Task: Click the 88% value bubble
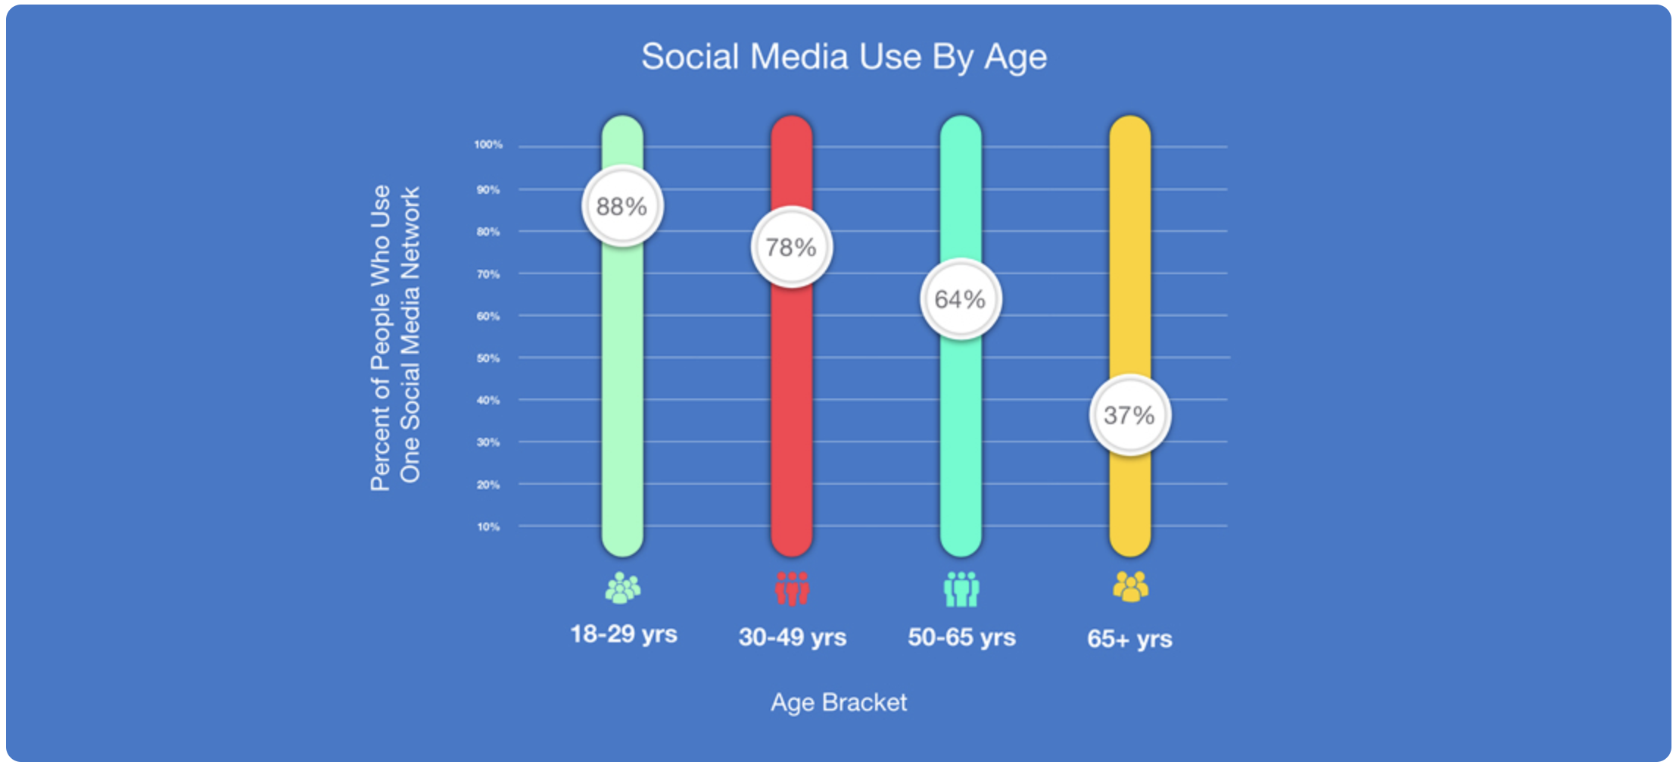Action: click(622, 206)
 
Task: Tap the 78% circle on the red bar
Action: click(792, 247)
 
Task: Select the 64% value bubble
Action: click(961, 299)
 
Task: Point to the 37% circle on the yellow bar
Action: click(1130, 415)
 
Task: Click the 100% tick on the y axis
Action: click(488, 145)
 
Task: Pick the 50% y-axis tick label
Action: click(488, 358)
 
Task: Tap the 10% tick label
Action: click(488, 526)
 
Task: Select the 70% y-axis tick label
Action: click(488, 274)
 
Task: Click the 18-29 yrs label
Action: click(624, 634)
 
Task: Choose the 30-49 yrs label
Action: click(793, 637)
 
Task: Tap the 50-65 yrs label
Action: click(961, 637)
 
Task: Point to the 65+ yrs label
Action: click(1129, 639)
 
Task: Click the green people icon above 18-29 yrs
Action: click(623, 588)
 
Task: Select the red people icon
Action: click(792, 589)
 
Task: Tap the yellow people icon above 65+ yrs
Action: click(1130, 586)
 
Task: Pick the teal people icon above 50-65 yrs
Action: click(961, 589)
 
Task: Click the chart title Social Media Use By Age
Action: click(844, 58)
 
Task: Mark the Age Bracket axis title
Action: click(839, 703)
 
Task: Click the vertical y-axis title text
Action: click(394, 337)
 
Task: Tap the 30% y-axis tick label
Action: click(488, 442)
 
